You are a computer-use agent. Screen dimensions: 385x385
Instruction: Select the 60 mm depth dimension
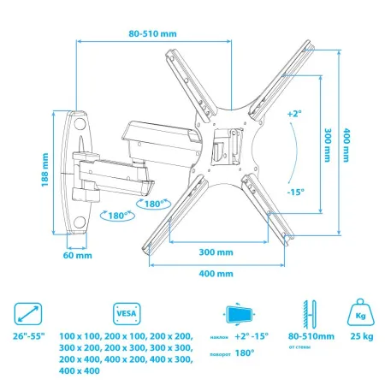click(78, 255)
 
